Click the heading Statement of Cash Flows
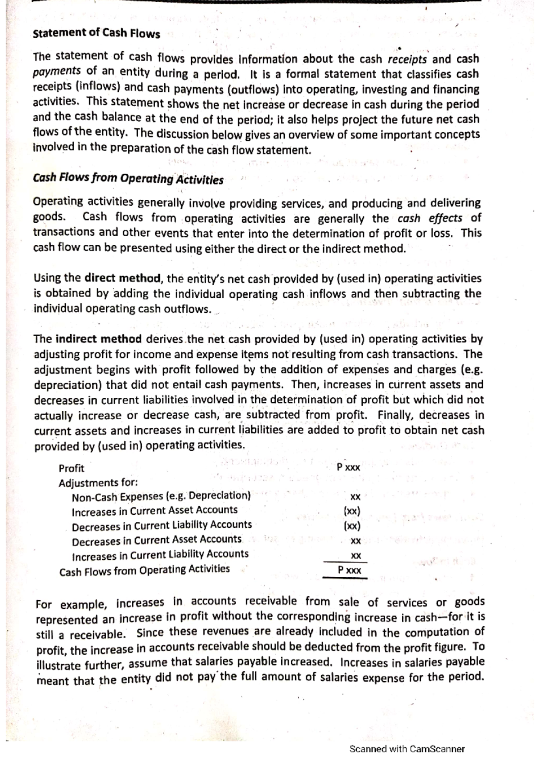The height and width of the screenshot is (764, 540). (96, 34)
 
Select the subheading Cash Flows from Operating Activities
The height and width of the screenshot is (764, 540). (128, 179)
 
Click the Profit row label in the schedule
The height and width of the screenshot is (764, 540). (72, 468)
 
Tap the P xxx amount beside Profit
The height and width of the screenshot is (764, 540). (348, 467)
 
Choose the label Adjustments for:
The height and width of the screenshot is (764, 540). (98, 483)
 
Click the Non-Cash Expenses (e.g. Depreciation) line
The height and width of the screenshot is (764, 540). (161, 496)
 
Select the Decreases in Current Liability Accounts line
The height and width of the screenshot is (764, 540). (162, 526)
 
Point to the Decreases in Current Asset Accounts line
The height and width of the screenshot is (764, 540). (157, 540)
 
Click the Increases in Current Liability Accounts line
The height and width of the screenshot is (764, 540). (160, 555)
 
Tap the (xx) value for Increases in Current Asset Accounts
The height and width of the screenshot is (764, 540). (351, 511)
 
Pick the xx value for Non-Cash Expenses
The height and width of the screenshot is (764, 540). (355, 497)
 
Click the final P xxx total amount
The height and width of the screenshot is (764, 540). (349, 570)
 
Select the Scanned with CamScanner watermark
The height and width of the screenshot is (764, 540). (407, 749)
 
